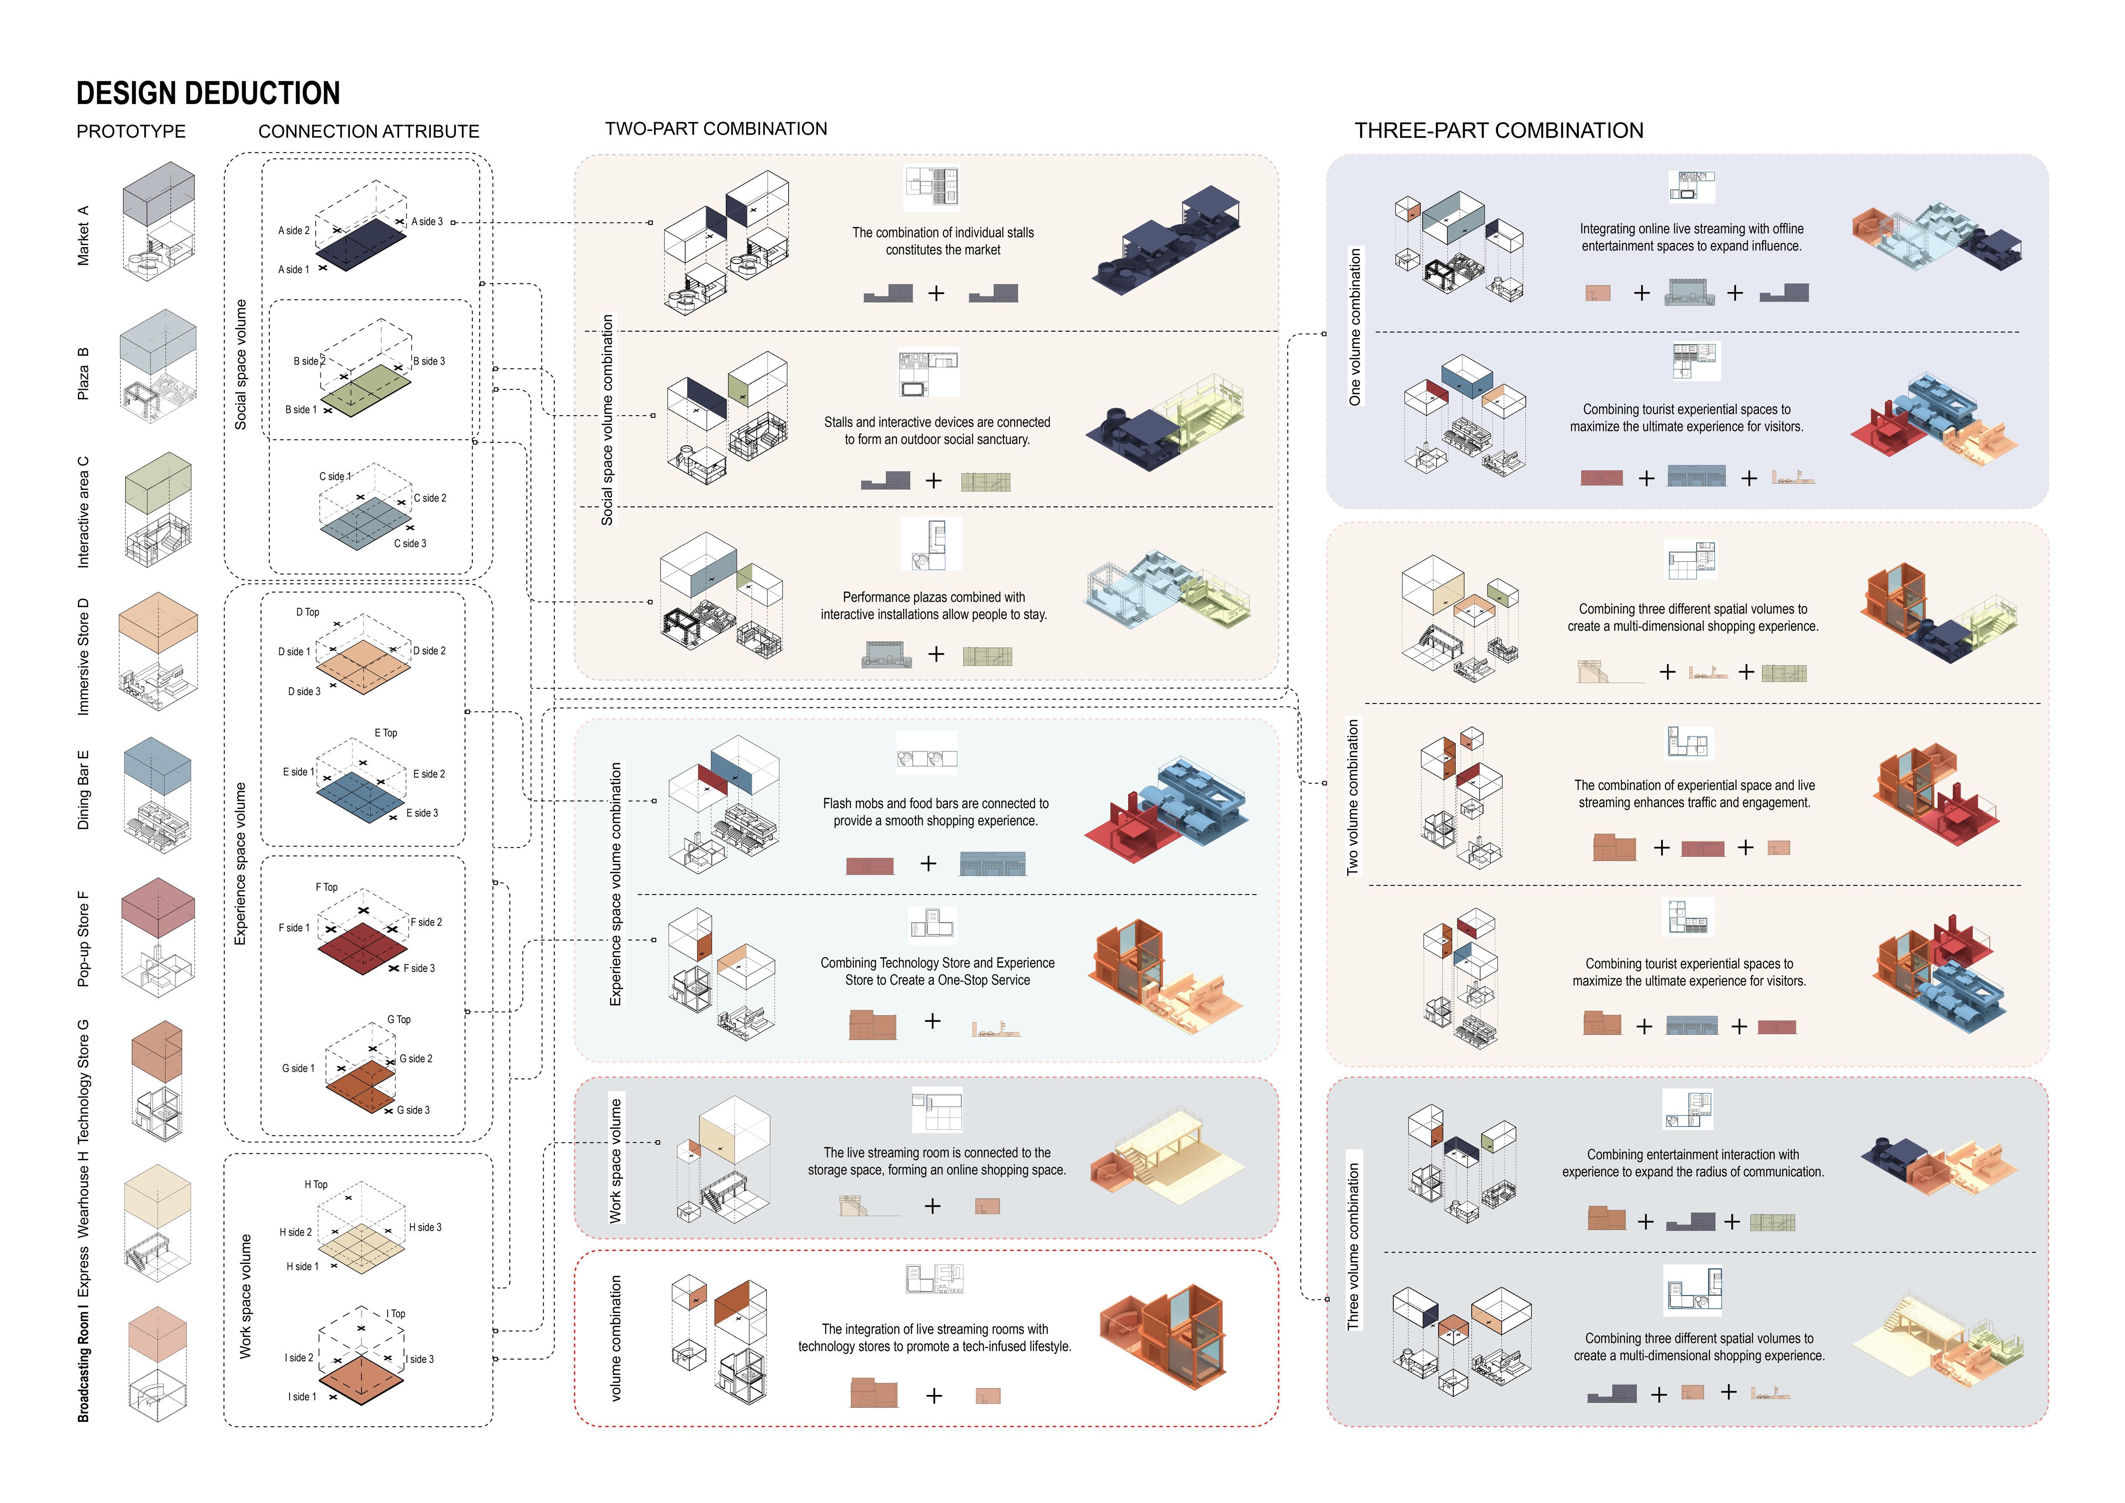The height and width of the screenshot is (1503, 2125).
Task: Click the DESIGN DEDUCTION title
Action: click(x=208, y=93)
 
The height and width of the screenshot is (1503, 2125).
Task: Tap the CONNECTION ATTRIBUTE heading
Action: click(x=368, y=132)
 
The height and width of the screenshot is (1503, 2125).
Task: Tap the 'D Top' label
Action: click(x=307, y=612)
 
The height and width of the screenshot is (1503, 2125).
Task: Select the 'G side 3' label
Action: click(x=413, y=1110)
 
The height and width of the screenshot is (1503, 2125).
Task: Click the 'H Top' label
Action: click(x=316, y=1185)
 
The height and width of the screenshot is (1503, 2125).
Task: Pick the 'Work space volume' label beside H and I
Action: click(x=245, y=1296)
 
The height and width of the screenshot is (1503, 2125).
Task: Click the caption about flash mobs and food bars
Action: click(x=935, y=811)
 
